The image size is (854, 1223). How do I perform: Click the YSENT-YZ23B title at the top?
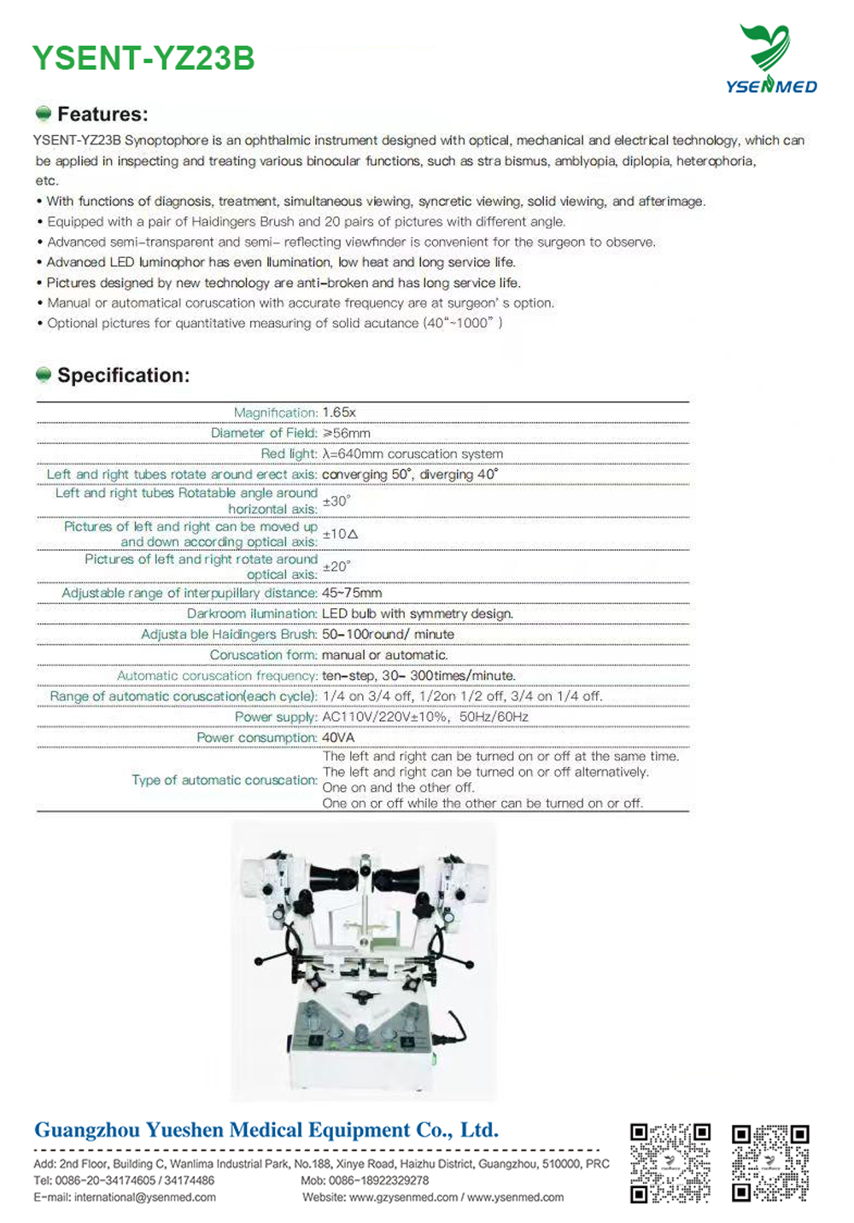point(143,58)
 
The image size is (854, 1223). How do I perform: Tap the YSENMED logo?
point(770,59)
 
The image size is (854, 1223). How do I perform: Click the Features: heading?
point(102,114)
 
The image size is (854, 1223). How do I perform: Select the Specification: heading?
point(123,376)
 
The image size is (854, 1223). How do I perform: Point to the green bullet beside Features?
point(44,114)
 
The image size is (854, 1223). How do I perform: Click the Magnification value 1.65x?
point(339,413)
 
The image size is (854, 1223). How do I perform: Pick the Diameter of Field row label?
point(264,433)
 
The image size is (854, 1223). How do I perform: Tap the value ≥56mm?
point(346,433)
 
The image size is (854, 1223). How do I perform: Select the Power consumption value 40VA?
point(338,737)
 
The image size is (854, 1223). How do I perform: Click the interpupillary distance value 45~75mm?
point(352,593)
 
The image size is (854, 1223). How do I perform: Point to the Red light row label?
point(289,454)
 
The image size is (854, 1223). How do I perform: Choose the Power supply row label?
point(276,717)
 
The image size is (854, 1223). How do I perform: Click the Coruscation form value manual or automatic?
point(384,655)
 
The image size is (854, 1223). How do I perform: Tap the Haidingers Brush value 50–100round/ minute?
point(388,635)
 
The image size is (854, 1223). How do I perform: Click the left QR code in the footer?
point(670,1162)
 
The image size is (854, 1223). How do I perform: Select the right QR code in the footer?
point(770,1162)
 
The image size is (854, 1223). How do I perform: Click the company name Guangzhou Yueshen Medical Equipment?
point(266,1130)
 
